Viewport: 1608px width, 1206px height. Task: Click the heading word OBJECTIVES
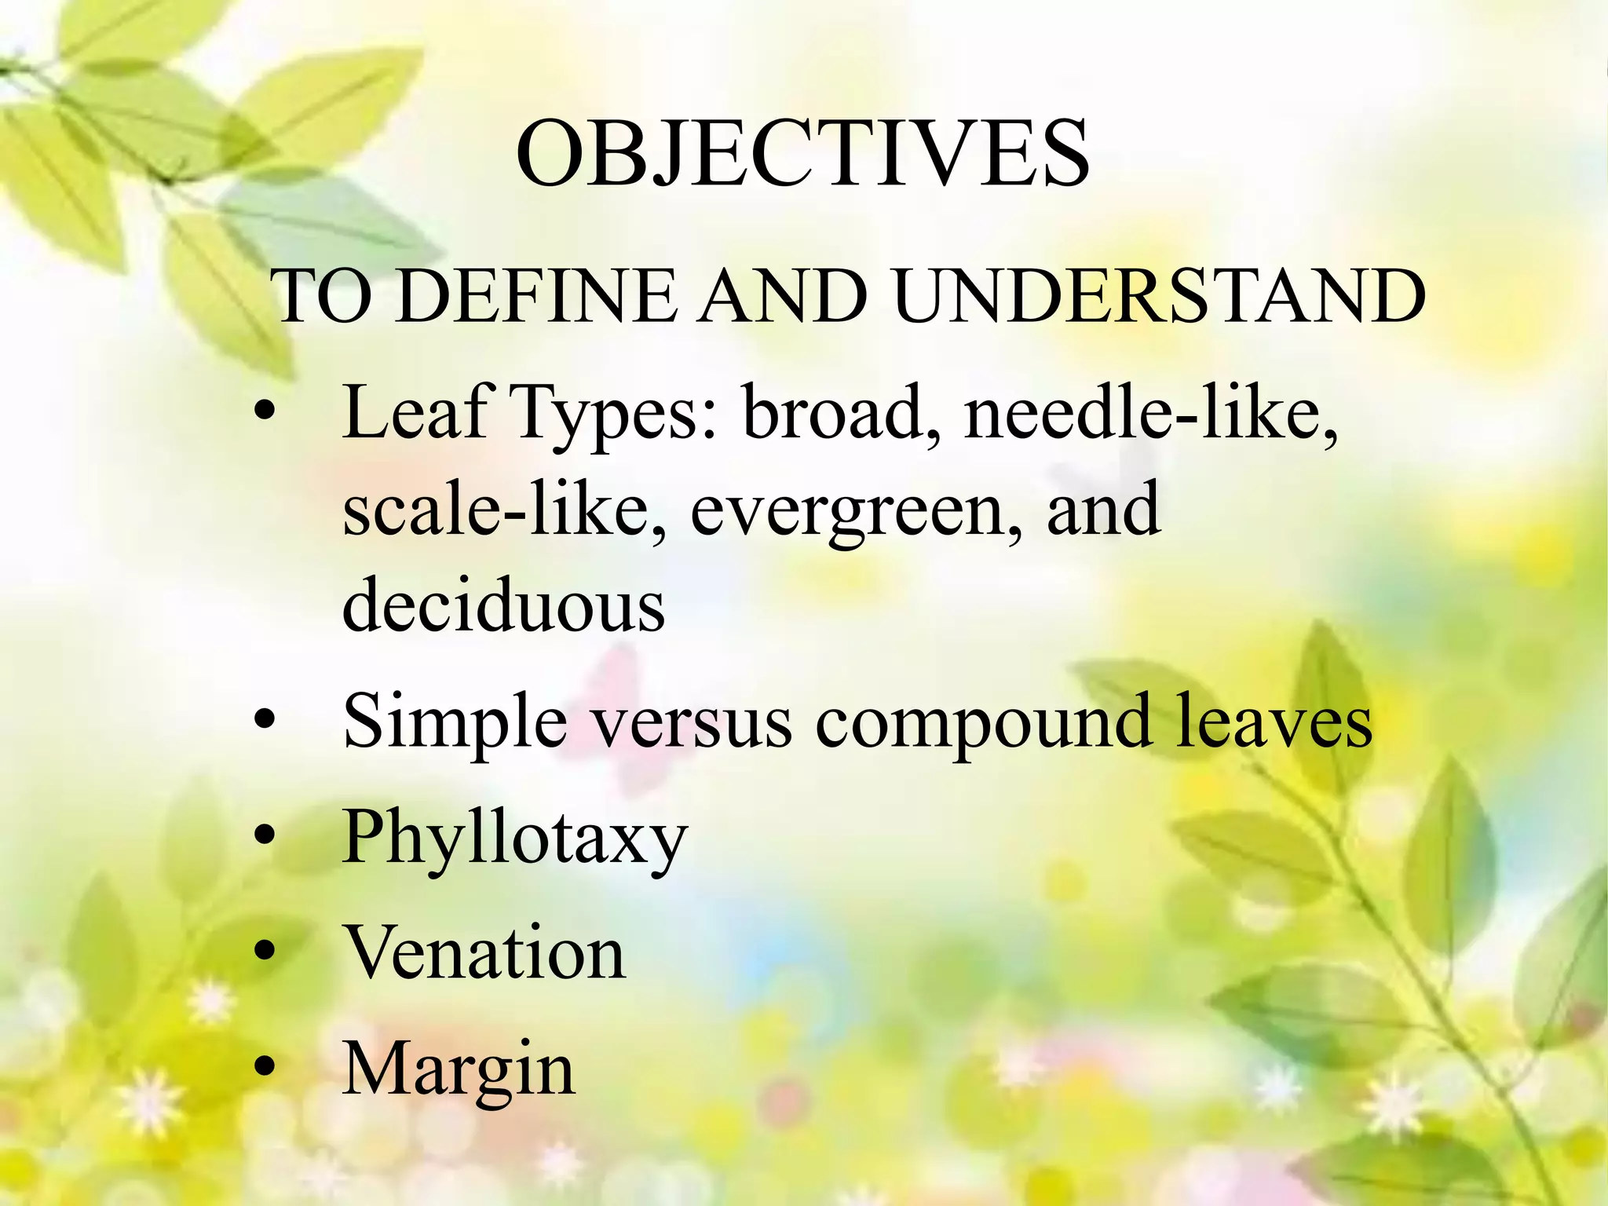pyautogui.click(x=802, y=155)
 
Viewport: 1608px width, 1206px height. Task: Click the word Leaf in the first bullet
pyautogui.click(x=415, y=412)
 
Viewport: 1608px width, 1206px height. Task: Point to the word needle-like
pyautogui.click(x=1151, y=412)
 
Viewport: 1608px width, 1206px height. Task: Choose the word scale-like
pyautogui.click(x=506, y=510)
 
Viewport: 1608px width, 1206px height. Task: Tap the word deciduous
pyautogui.click(x=504, y=605)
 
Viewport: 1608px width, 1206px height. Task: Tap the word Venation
pyautogui.click(x=485, y=952)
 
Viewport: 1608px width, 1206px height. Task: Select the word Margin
pyautogui.click(x=459, y=1069)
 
